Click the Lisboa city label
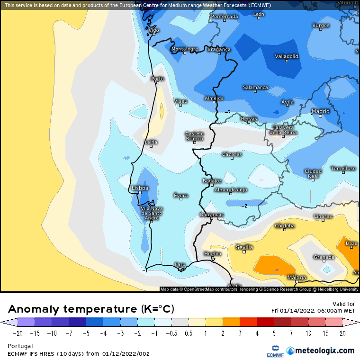click(x=140, y=188)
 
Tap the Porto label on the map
click(x=157, y=79)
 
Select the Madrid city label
click(x=320, y=112)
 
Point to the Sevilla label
click(x=244, y=247)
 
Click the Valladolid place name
click(x=287, y=56)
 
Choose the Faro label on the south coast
click(x=180, y=264)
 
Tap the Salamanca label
click(x=255, y=88)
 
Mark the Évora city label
click(x=181, y=196)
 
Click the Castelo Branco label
click(x=194, y=136)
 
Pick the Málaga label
click(x=297, y=278)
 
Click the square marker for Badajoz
click(x=212, y=185)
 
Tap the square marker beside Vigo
click(x=153, y=35)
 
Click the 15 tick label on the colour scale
click(x=325, y=333)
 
